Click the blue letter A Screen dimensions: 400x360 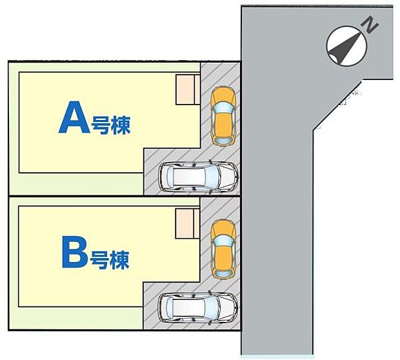(74, 119)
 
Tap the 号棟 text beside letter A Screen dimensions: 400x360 (111, 125)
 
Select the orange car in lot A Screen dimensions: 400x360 (224, 115)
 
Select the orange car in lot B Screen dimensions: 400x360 (223, 249)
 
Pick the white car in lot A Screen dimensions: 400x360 (199, 175)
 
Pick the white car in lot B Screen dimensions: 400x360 (198, 308)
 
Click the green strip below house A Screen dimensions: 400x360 (77, 183)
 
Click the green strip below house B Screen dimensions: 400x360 (77, 316)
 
